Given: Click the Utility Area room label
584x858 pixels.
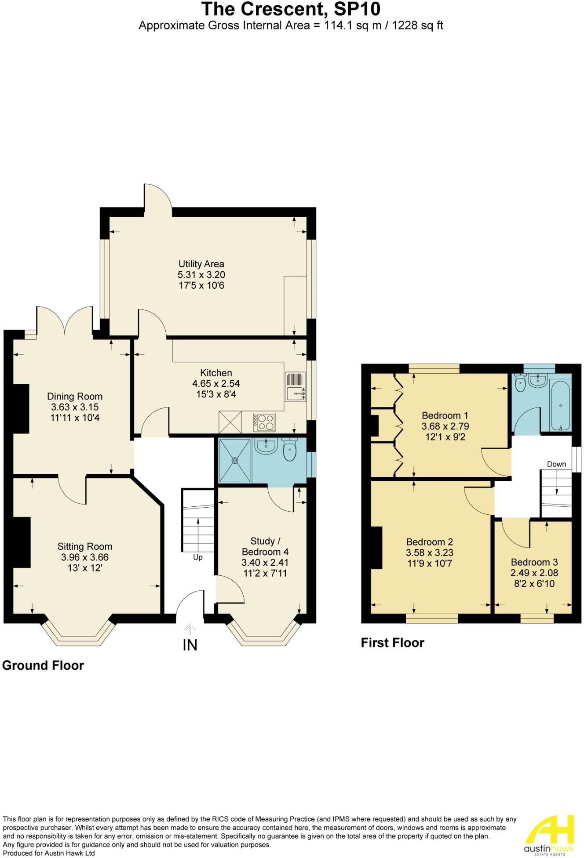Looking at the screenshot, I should coord(201,264).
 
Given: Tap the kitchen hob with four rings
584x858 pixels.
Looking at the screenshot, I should coord(264,422).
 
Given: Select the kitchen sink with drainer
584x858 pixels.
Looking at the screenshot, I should coord(296,387).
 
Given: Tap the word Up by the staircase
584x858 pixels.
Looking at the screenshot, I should coord(198,557).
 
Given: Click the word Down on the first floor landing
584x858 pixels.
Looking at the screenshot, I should coord(556,464).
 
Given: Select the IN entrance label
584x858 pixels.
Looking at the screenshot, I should coord(190,645).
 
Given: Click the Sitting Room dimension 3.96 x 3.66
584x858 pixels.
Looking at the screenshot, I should coord(84,557).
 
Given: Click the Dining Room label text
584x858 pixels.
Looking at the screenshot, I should coord(75,396).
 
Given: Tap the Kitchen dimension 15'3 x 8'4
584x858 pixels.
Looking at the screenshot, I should coord(216,394).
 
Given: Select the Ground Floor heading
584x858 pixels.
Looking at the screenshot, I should coord(43,665).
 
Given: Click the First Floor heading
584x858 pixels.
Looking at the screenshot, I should coord(392,643).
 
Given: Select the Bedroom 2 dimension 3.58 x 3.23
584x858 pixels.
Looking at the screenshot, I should coord(429,553).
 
